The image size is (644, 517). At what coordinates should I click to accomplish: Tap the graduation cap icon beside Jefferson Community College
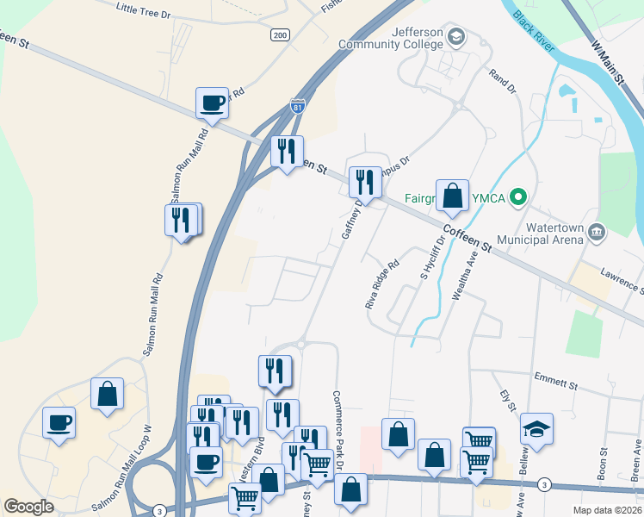pos(455,38)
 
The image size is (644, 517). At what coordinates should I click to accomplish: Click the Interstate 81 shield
pos(297,107)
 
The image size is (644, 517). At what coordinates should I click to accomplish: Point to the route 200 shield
pos(279,34)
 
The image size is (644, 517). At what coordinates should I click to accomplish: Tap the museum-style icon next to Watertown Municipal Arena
pos(598,230)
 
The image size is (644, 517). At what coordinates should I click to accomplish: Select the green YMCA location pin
pos(517,197)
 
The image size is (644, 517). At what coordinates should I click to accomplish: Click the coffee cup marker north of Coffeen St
pos(212,104)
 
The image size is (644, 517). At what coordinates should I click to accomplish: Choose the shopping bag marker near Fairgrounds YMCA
pos(452,196)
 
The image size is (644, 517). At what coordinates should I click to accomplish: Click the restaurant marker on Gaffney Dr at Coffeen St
pos(365,183)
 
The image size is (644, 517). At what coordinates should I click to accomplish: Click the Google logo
pos(28,507)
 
